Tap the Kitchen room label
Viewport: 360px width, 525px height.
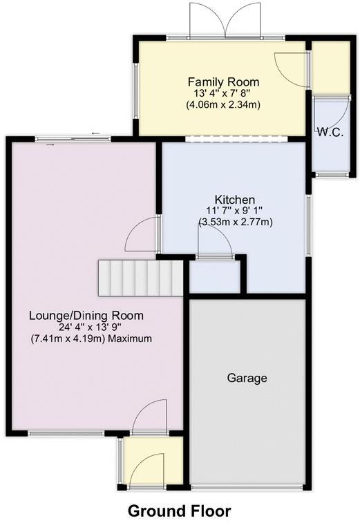point(235,199)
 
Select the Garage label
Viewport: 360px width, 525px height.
point(247,378)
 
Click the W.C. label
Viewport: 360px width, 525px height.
point(330,132)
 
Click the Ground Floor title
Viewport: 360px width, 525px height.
point(179,511)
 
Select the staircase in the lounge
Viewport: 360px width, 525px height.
point(142,276)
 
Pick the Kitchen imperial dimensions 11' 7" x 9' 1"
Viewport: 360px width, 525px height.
point(235,211)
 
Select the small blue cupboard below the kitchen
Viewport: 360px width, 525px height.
point(215,276)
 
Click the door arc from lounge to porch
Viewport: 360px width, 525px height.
point(149,417)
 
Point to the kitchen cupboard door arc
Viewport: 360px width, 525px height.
point(214,242)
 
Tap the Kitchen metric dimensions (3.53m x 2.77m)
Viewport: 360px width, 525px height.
point(236,222)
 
